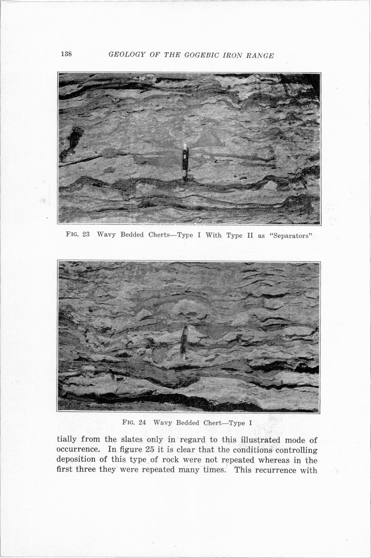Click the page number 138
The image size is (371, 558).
66,54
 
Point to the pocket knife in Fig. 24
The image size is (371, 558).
184,342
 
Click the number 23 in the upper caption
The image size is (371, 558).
86,235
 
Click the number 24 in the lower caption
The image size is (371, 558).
142,423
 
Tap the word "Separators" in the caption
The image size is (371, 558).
291,235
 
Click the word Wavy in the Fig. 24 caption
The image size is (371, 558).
162,423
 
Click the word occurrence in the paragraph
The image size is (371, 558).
78,449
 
